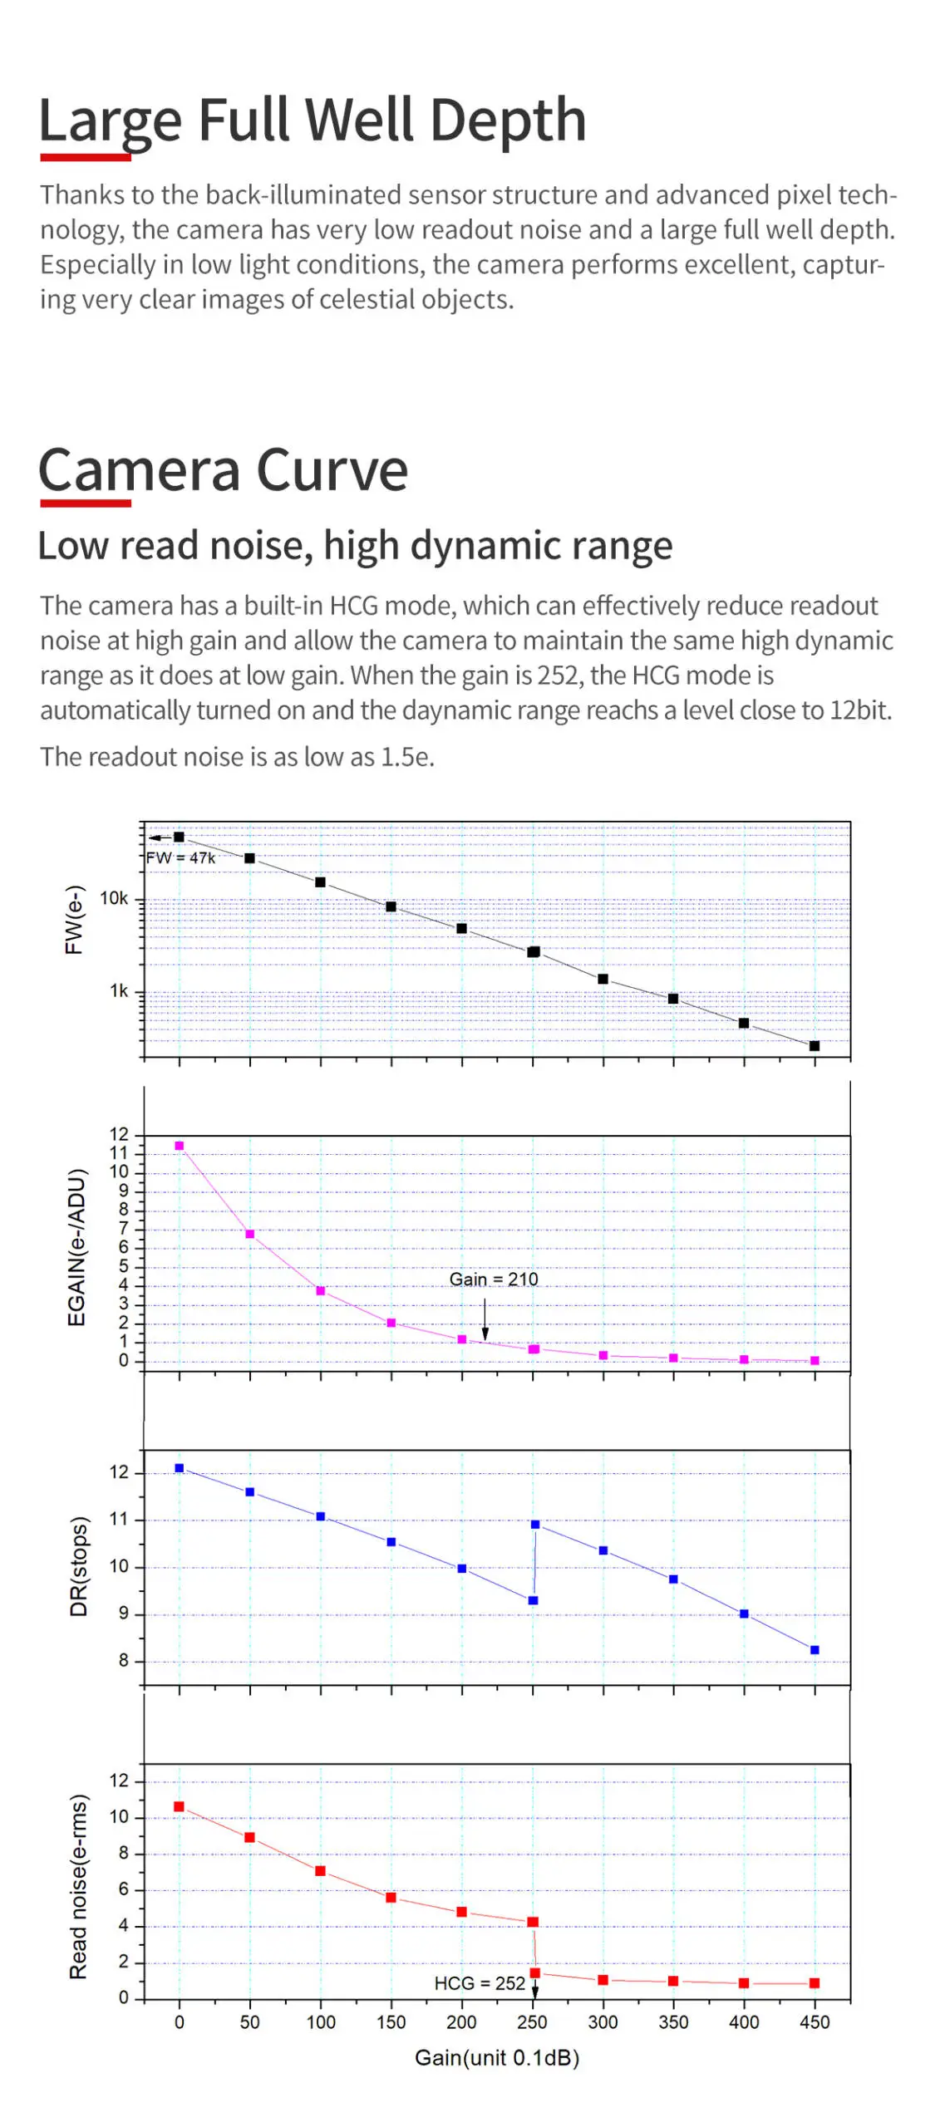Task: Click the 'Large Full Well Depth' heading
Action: (312, 120)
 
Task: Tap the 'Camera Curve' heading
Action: (223, 470)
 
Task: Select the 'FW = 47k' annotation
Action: (180, 857)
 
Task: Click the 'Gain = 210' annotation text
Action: (493, 1279)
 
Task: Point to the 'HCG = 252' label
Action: (479, 1983)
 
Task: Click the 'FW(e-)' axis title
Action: (74, 919)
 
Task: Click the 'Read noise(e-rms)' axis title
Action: (78, 1886)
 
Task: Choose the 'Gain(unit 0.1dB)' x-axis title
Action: (496, 2057)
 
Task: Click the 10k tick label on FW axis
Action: (114, 898)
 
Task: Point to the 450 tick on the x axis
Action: (814, 2022)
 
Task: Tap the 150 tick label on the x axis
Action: (391, 2022)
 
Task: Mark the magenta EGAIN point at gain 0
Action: (179, 1146)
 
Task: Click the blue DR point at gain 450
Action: (814, 1650)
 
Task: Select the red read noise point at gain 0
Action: (179, 1806)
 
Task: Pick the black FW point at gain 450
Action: (814, 1046)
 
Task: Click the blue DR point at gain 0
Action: (179, 1468)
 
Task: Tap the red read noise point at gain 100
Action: (320, 1871)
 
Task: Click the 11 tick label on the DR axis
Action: (119, 1520)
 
